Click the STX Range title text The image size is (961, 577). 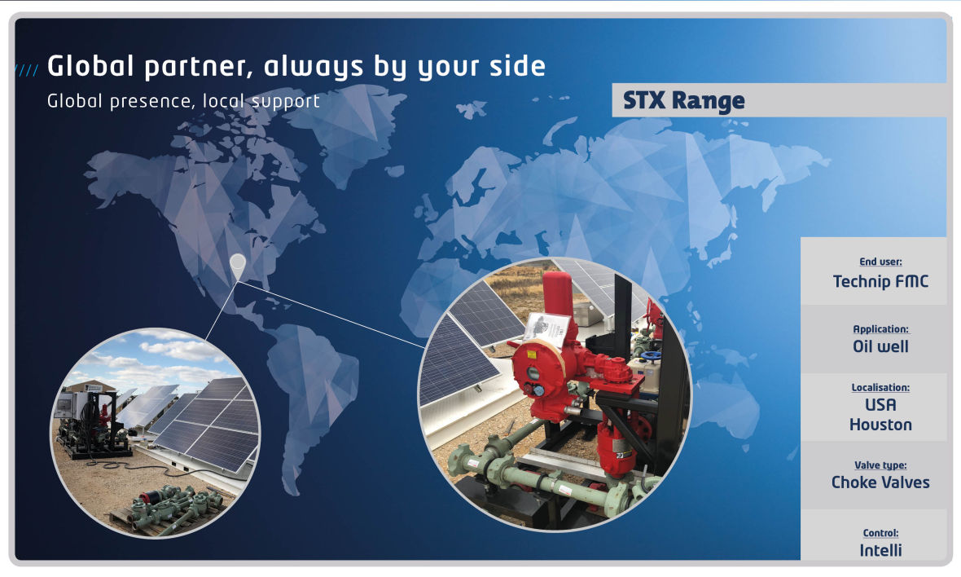coord(683,100)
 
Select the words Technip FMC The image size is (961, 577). coord(880,281)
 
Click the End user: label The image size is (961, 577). coord(880,262)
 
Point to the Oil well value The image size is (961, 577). coord(880,346)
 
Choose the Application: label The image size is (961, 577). coord(880,329)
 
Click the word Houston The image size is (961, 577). coord(880,425)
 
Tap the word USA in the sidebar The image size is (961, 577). coord(880,405)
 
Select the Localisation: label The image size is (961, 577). coord(880,388)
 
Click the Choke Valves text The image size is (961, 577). coord(880,482)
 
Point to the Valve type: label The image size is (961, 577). coord(880,465)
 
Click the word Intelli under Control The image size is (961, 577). coord(880,550)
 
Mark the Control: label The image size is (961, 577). coord(880,533)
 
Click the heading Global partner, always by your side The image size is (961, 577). coord(296,67)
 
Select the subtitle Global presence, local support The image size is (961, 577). coord(183,100)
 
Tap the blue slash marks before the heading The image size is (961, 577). coord(26,70)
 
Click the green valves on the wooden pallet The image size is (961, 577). coord(178,503)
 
